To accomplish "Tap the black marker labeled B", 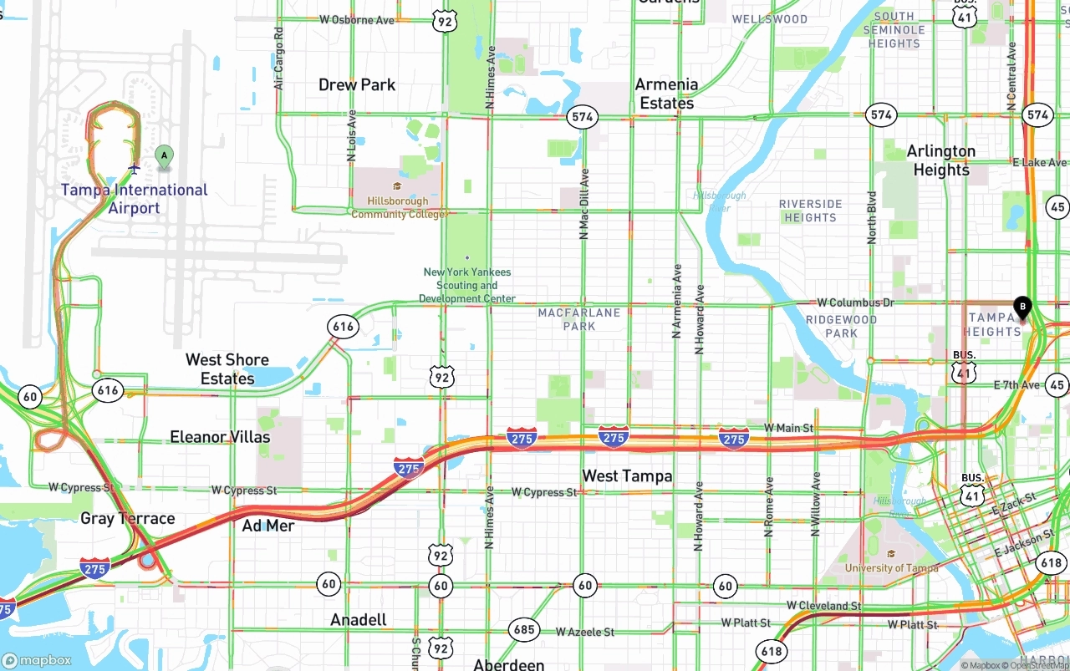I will (x=1022, y=308).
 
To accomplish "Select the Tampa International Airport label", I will (x=134, y=199).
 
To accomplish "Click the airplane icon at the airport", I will (x=134, y=169).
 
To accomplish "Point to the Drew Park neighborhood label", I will (x=357, y=84).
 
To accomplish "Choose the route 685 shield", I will (x=524, y=630).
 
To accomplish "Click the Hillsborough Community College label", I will (x=400, y=208).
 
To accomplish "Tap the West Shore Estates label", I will (x=227, y=369).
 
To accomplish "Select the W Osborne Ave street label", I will (x=357, y=19).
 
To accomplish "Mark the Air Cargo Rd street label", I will (x=279, y=58).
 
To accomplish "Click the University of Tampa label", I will (x=891, y=567).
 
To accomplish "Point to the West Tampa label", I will (x=627, y=475).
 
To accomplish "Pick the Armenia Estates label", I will (x=666, y=94).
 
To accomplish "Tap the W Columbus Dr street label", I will (x=855, y=302).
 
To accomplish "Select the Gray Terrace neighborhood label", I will (x=128, y=518).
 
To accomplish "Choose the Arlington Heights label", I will (x=941, y=160).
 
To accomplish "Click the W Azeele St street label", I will (x=585, y=632).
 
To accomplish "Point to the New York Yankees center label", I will (x=466, y=285).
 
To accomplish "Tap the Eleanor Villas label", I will (x=220, y=436).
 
